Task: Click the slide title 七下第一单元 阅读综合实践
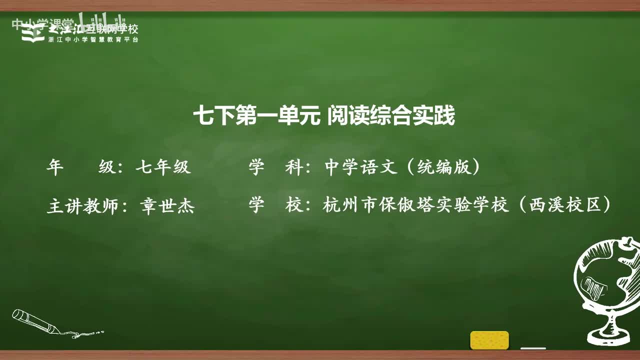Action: pyautogui.click(x=324, y=117)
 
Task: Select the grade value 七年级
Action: pyautogui.click(x=163, y=167)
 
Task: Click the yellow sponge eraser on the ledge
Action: pyautogui.click(x=489, y=340)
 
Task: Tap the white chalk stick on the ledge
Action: pyautogui.click(x=533, y=347)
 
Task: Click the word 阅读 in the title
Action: pyautogui.click(x=345, y=117)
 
